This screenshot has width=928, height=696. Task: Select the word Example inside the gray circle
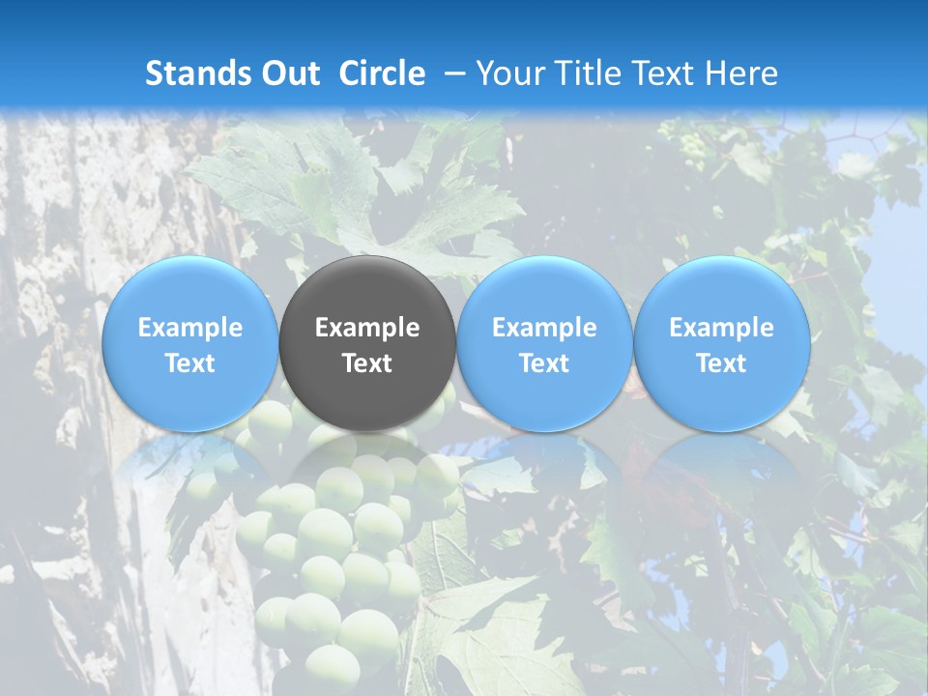tap(367, 328)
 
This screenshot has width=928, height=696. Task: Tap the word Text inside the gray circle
tap(367, 363)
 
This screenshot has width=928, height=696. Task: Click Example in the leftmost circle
tap(189, 328)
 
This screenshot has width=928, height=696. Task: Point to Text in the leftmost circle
tap(189, 363)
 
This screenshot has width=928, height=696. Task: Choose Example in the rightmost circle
tap(721, 328)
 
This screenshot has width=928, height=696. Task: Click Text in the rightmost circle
tap(721, 363)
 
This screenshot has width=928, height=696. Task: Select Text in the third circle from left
tap(544, 363)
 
